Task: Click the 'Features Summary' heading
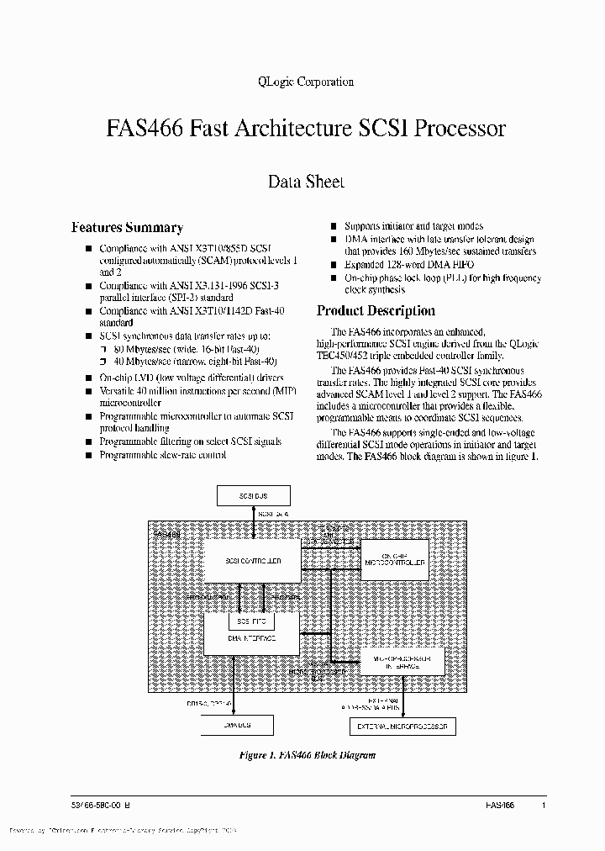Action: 127,227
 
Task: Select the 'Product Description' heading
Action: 376,310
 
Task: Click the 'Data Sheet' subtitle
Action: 306,181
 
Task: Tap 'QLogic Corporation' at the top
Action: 303,82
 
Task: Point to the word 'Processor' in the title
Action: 462,129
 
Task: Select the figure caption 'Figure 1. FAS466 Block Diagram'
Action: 307,755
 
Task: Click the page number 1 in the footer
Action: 544,805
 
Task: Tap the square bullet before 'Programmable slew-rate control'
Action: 87,456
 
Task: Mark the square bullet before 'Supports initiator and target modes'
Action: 334,227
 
